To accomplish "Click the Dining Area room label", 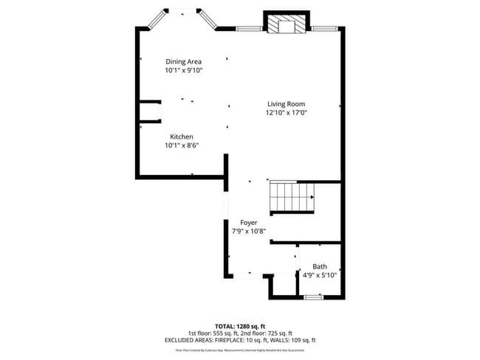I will (183, 61).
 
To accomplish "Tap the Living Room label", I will (286, 104).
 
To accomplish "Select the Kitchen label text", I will (182, 136).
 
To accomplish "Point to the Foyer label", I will (249, 222).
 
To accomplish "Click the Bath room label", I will (320, 266).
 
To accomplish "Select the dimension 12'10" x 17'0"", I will (286, 113).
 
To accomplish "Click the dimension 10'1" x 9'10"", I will (183, 70).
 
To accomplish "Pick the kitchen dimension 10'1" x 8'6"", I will (182, 145).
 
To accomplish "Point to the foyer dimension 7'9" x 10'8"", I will (249, 231).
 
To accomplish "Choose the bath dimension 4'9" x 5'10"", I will (320, 275).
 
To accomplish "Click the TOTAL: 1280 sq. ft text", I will (240, 325).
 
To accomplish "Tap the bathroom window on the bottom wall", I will (314, 297).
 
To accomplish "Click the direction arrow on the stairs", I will (312, 197).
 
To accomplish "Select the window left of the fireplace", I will (249, 29).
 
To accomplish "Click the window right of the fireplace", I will (323, 29).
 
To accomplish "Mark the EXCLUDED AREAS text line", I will (240, 340).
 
